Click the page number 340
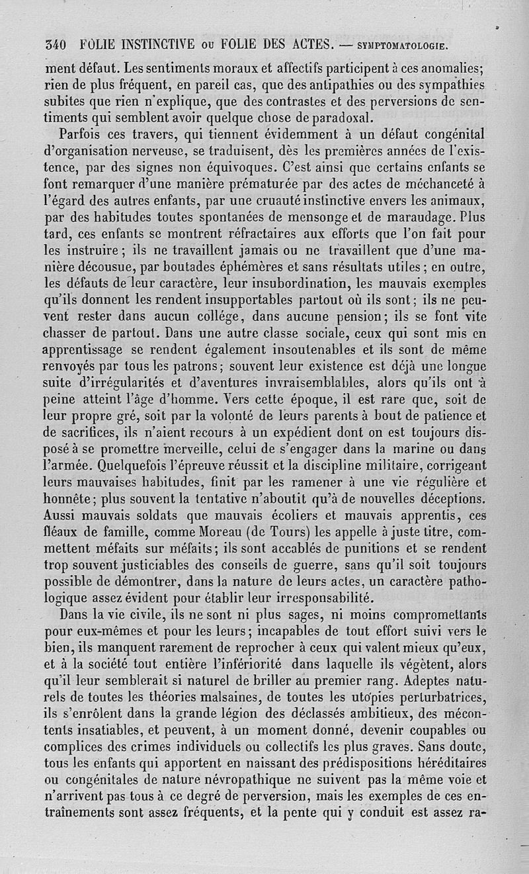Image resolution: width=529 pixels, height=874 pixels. point(54,46)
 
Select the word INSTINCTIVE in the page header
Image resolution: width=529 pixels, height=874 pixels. point(147,46)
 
